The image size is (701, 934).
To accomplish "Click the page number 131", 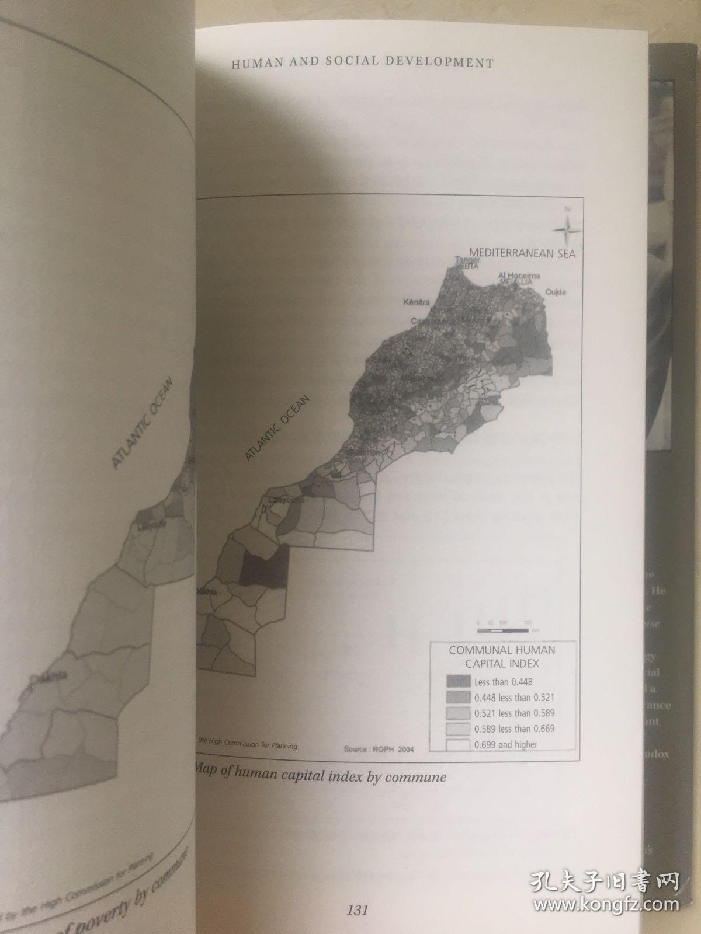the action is pyautogui.click(x=357, y=910).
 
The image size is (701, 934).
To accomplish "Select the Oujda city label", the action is pyautogui.click(x=556, y=291).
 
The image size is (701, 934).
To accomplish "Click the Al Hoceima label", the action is pyautogui.click(x=519, y=275).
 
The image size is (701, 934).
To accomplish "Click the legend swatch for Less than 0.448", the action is pyautogui.click(x=458, y=681).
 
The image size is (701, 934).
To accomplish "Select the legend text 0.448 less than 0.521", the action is pyautogui.click(x=514, y=697).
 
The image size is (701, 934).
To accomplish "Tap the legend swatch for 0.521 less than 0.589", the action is pyautogui.click(x=458, y=713).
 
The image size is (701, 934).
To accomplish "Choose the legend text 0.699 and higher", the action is pyautogui.click(x=505, y=744).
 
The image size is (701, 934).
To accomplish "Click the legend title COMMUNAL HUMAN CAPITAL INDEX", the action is pyautogui.click(x=502, y=657).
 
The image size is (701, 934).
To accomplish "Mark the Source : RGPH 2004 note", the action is pyautogui.click(x=379, y=750).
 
